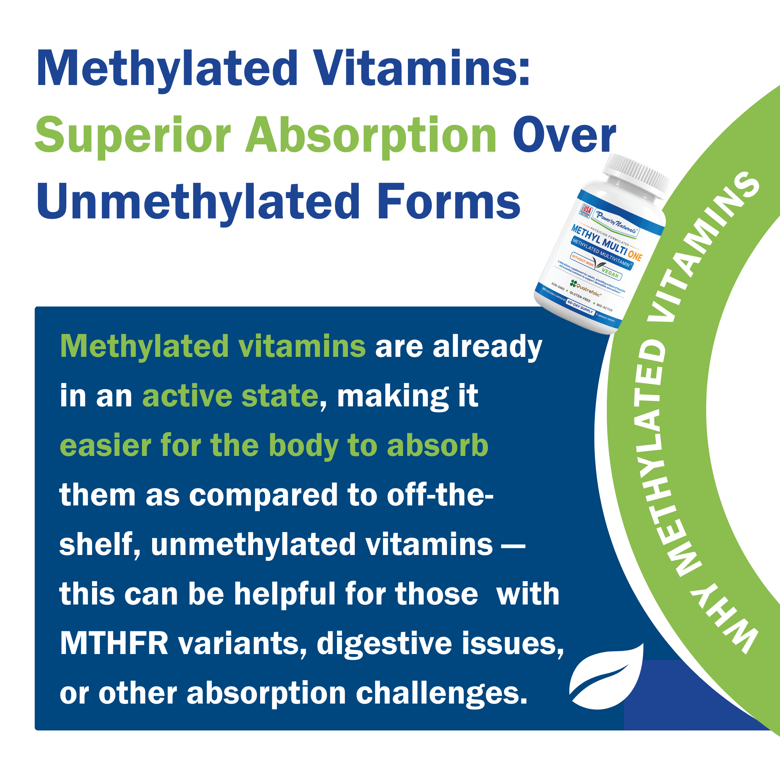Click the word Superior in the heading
pyautogui.click(x=133, y=135)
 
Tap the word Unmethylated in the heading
pyautogui.click(x=198, y=202)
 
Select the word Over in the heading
pyautogui.click(x=564, y=135)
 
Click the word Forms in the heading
pyautogui.click(x=449, y=202)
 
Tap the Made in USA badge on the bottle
pyautogui.click(x=586, y=211)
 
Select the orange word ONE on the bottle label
pyautogui.click(x=635, y=255)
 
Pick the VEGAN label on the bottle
pyautogui.click(x=610, y=273)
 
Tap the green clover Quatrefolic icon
pyautogui.click(x=573, y=284)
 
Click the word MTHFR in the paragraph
pyautogui.click(x=114, y=643)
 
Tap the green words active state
pyautogui.click(x=230, y=397)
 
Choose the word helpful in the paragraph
pyautogui.click(x=285, y=594)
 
